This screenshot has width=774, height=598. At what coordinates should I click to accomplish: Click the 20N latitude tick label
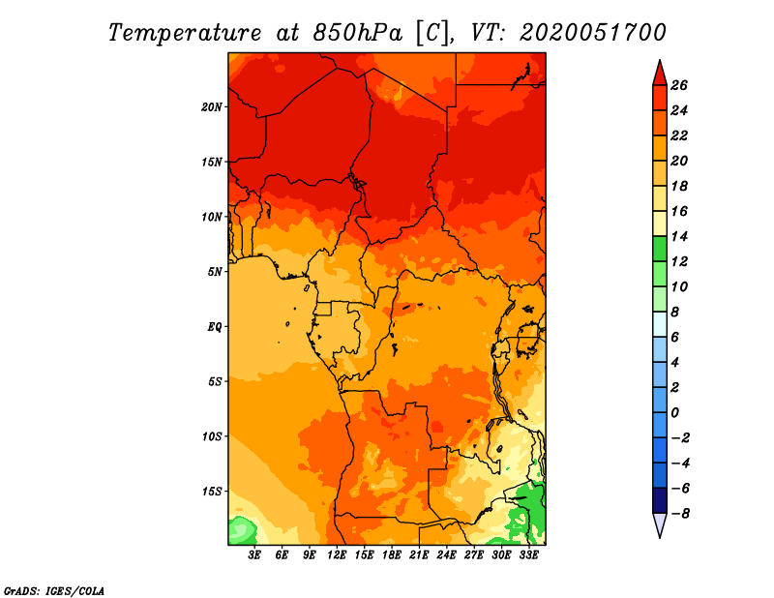(211, 107)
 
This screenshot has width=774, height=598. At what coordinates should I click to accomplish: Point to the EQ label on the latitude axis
(215, 327)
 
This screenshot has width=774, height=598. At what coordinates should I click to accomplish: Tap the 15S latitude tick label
(212, 492)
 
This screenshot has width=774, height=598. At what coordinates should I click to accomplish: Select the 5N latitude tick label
(215, 272)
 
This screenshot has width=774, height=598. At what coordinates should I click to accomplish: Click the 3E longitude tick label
(254, 555)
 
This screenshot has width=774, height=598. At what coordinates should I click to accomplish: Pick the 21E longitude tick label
(419, 555)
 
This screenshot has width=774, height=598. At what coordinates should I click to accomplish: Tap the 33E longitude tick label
(528, 555)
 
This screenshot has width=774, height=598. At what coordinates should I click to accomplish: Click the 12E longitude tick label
(336, 555)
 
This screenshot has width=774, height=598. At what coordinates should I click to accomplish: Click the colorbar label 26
(679, 86)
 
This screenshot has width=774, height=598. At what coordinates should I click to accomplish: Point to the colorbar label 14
(679, 236)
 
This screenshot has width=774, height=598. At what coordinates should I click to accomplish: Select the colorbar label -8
(680, 514)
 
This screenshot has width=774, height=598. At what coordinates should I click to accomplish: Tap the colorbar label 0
(674, 413)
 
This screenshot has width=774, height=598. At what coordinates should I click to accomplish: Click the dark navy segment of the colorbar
(660, 500)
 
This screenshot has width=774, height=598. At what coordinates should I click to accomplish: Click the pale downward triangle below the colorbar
(660, 523)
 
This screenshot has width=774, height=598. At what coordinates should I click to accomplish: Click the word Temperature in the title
(185, 33)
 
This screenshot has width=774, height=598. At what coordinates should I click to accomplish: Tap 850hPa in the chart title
(357, 33)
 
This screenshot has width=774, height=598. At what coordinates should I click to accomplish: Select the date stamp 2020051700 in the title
(593, 33)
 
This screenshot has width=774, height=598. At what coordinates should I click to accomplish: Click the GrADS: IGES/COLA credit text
(54, 591)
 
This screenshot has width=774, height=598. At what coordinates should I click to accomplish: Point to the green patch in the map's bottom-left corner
(241, 531)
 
